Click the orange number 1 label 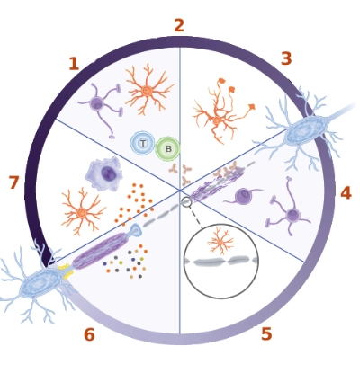tap(74, 64)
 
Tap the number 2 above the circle tap(179, 25)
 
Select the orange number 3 tap(286, 58)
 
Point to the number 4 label tap(346, 193)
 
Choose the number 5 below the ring tap(266, 333)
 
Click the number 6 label tap(89, 334)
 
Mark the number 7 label tap(13, 182)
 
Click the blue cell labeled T tap(143, 143)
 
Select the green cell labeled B tap(167, 148)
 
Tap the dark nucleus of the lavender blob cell tap(108, 173)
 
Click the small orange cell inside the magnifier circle tap(220, 241)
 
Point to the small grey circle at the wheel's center tap(186, 202)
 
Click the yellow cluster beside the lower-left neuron tap(66, 271)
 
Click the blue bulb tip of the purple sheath tap(135, 230)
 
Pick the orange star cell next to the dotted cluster tap(82, 213)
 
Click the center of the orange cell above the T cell tap(147, 91)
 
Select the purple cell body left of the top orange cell tap(96, 103)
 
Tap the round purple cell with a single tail tap(243, 197)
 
